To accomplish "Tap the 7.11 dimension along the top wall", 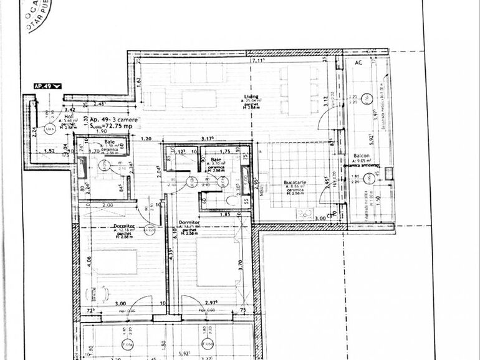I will (x=257, y=61).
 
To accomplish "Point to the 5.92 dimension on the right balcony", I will (x=372, y=136).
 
